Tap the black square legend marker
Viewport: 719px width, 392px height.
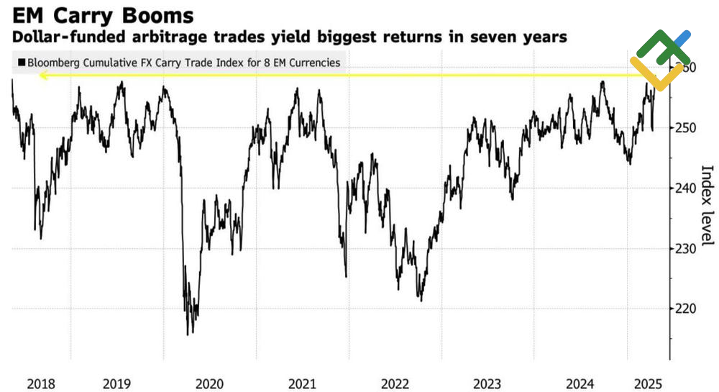click(x=22, y=63)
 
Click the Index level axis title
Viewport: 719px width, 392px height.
click(x=707, y=205)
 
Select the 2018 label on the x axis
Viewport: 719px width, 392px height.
click(x=40, y=384)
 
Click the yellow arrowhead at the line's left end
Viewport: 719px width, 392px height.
click(x=43, y=75)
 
